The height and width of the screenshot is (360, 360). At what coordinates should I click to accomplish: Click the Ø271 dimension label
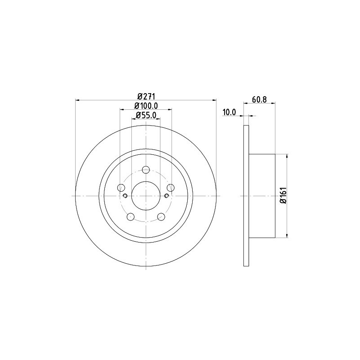coord(146,96)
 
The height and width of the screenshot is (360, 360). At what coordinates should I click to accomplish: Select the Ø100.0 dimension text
coord(146,106)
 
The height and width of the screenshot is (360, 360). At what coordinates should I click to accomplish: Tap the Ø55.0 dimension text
coord(146,115)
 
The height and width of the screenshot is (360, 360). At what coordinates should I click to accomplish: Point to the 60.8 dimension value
coord(259,99)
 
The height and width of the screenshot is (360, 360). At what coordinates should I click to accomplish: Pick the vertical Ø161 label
coord(283,195)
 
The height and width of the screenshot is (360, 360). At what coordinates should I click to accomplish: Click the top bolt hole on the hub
coord(146,170)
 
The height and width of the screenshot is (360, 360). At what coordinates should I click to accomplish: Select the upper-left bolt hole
coord(121,188)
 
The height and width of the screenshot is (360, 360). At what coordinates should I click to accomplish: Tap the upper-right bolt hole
coord(171,188)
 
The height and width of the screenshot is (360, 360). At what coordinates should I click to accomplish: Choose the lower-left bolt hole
coord(130,216)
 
